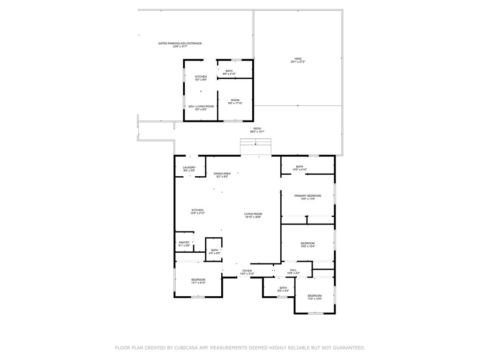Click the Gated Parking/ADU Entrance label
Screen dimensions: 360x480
180,43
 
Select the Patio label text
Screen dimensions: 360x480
257,128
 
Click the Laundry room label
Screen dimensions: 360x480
189,167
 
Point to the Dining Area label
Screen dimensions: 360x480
222,173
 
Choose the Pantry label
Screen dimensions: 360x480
184,242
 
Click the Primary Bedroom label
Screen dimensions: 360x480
307,195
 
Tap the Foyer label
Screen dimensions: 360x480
247,270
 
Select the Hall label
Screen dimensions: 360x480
293,270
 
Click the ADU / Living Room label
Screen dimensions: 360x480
201,106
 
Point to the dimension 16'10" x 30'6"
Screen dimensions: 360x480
253,217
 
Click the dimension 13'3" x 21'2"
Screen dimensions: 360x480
197,213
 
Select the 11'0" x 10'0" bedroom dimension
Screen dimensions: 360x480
315,299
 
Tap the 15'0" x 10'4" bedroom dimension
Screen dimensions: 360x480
307,246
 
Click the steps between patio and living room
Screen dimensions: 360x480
256,146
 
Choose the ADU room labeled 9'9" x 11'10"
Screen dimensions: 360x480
235,101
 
